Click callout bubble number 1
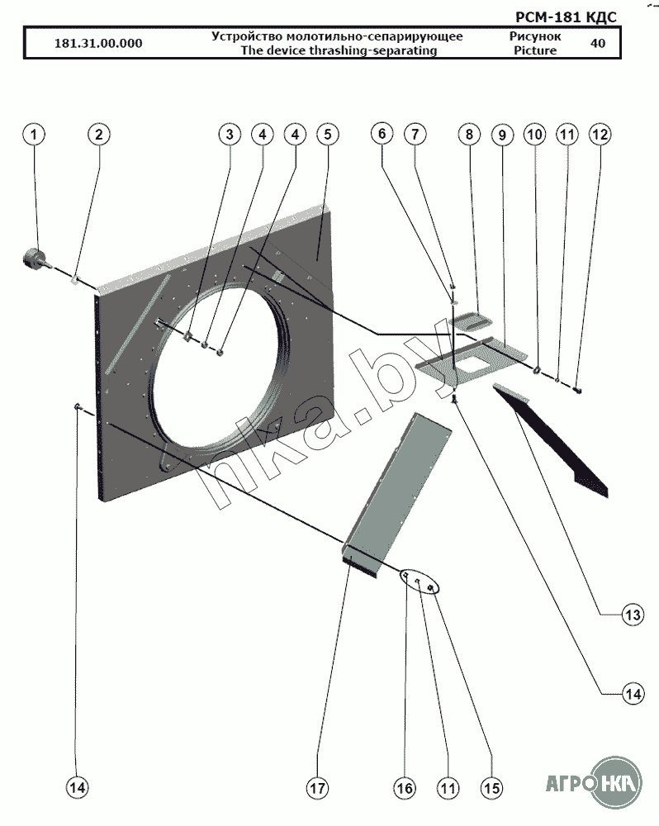(34, 134)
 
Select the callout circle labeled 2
(98, 134)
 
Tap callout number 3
(230, 134)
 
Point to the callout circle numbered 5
(326, 134)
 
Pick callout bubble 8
(468, 134)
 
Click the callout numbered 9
(501, 134)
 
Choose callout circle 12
(600, 134)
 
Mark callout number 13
(632, 615)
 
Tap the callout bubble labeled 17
(318, 789)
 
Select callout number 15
(491, 789)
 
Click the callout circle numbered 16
(404, 789)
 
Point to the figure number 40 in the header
(597, 44)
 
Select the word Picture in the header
(534, 50)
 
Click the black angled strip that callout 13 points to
(562, 442)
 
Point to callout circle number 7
(415, 134)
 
